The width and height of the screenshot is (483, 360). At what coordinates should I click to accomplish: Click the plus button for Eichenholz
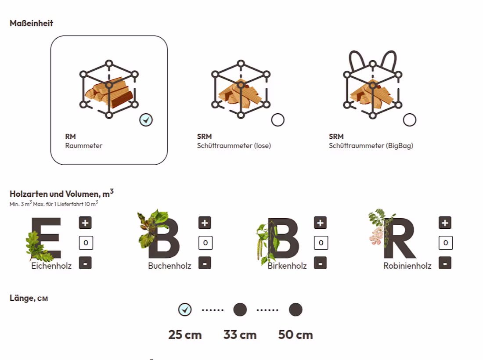85,223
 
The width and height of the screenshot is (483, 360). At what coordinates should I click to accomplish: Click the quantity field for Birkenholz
321,242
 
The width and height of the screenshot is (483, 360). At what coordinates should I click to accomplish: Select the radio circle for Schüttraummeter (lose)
278,120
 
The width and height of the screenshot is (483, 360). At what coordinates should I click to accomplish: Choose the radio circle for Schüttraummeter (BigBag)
409,120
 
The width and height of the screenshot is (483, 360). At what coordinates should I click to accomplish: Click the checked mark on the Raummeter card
146,120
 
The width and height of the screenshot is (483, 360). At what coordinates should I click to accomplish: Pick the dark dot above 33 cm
240,310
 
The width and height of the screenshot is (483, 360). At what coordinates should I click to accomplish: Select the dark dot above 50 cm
296,310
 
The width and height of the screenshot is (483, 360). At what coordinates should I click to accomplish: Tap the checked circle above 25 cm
185,310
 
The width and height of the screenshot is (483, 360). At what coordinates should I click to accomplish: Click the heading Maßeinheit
31,23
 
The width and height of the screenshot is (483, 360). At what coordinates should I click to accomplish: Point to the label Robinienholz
407,266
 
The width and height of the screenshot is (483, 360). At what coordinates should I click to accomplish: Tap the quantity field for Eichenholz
86,242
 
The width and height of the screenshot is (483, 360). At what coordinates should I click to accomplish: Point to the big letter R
399,239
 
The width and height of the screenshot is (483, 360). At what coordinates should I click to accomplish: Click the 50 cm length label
296,335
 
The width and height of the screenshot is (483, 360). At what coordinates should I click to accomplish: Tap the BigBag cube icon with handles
372,86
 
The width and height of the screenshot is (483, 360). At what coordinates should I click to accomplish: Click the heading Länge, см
29,298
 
